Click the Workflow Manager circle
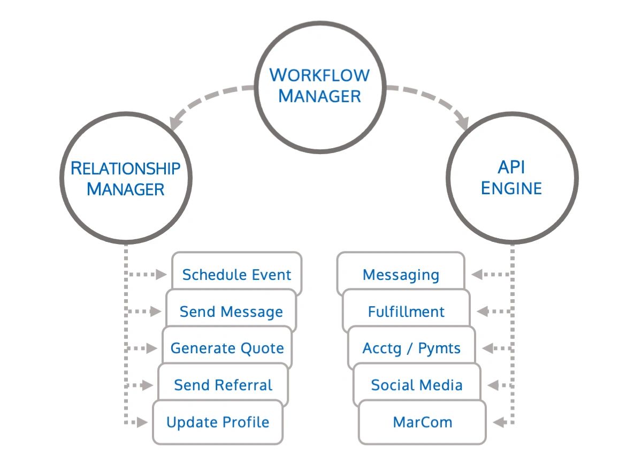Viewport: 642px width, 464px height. tap(320, 85)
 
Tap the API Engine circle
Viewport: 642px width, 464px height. tap(512, 177)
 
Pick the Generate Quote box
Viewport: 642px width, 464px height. tap(227, 348)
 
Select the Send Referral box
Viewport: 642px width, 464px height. tap(223, 385)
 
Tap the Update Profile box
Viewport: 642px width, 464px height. tap(218, 422)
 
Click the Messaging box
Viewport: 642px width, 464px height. tap(401, 274)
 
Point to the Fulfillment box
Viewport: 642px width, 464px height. tap(406, 311)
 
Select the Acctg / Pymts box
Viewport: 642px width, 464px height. tap(411, 348)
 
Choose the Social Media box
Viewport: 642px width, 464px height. tap(417, 385)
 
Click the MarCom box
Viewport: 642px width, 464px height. tap(422, 422)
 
